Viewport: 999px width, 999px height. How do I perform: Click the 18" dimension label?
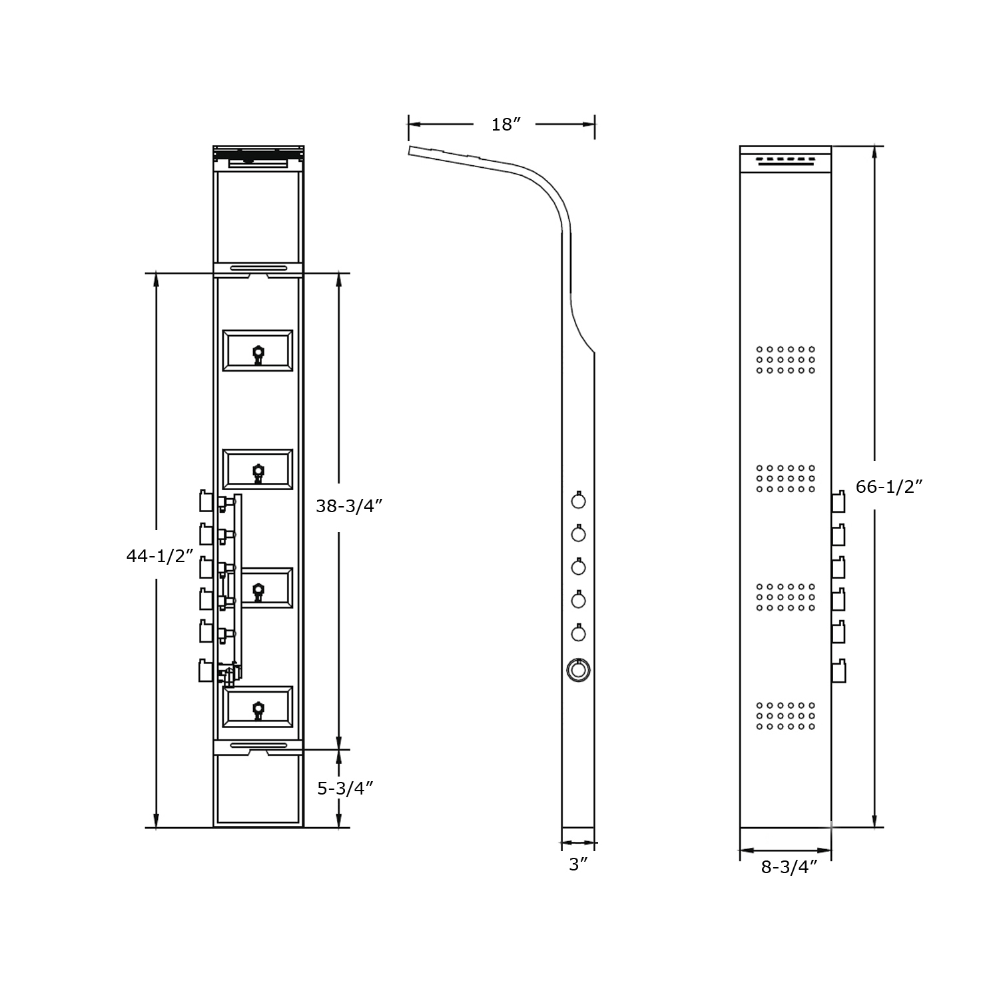505,125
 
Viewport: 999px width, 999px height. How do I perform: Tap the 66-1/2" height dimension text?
888,487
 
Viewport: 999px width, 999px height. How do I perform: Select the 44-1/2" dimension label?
160,555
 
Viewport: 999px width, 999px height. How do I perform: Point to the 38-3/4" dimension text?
349,506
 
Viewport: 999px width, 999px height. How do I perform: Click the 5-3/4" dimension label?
344,789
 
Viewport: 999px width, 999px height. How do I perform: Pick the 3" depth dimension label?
578,865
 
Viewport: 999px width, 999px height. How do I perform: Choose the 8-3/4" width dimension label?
789,866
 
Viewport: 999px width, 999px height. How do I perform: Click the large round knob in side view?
578,670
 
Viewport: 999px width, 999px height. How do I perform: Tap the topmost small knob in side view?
578,500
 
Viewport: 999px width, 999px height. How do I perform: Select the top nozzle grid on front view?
785,360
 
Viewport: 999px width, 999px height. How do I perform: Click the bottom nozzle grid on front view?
785,715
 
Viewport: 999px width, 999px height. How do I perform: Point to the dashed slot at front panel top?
785,160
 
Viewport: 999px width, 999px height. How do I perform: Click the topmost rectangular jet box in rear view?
258,350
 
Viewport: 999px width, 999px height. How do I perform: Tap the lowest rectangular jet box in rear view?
258,707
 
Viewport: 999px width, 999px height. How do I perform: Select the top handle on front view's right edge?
838,501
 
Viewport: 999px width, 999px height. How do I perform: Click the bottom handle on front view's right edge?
838,670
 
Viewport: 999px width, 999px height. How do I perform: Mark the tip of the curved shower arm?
411,150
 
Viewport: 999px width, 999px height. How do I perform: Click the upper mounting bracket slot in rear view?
258,268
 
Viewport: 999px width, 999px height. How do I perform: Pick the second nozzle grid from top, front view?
785,478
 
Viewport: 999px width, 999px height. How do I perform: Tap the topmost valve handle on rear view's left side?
206,501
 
